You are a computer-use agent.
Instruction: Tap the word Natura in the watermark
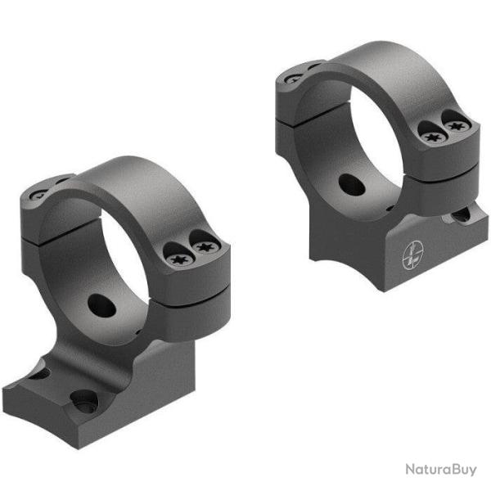425,468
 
